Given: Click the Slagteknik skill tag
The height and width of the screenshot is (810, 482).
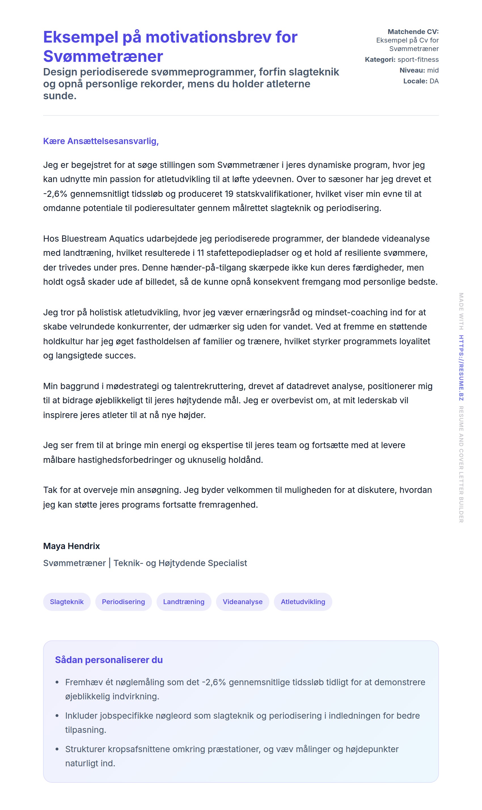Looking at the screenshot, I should (67, 602).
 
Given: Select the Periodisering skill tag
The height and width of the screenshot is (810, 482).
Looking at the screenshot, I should (123, 602).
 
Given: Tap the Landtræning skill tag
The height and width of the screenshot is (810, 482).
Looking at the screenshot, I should (183, 602).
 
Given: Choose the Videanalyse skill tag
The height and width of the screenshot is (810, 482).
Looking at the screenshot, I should (242, 602).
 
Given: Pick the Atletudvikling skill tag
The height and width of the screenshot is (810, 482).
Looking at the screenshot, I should (303, 602).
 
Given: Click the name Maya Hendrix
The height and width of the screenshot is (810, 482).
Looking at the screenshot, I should (71, 546).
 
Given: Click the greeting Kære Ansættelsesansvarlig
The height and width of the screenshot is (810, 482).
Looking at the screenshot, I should (101, 141).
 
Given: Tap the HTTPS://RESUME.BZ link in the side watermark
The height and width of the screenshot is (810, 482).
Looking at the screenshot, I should (461, 368).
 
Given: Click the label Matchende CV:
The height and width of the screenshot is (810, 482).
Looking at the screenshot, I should (413, 31).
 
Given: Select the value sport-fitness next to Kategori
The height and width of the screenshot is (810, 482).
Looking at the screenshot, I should (418, 60).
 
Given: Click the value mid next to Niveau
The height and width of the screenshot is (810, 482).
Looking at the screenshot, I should (433, 70).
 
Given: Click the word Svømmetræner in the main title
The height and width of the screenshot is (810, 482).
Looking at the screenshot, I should (103, 56).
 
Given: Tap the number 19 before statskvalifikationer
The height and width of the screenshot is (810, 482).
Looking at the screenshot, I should (229, 194).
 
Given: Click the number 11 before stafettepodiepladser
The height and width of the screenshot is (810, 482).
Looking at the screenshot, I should (200, 253).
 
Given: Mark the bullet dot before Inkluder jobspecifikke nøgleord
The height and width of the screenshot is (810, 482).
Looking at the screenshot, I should (57, 716).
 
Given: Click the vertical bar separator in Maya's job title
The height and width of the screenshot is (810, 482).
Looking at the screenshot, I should (110, 563).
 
